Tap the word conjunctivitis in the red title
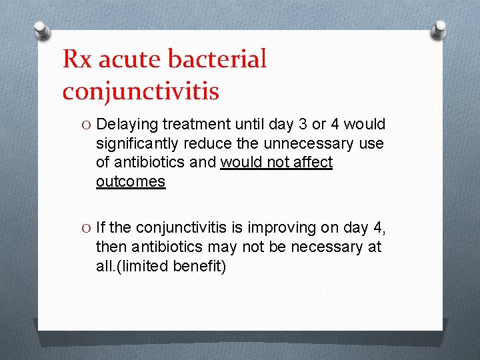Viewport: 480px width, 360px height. point(140,91)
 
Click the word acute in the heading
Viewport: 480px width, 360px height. point(131,59)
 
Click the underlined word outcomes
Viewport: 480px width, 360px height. point(131,181)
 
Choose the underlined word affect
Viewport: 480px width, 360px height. point(311,163)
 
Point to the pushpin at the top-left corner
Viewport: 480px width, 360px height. point(41,29)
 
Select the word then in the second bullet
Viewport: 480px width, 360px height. point(111,247)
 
